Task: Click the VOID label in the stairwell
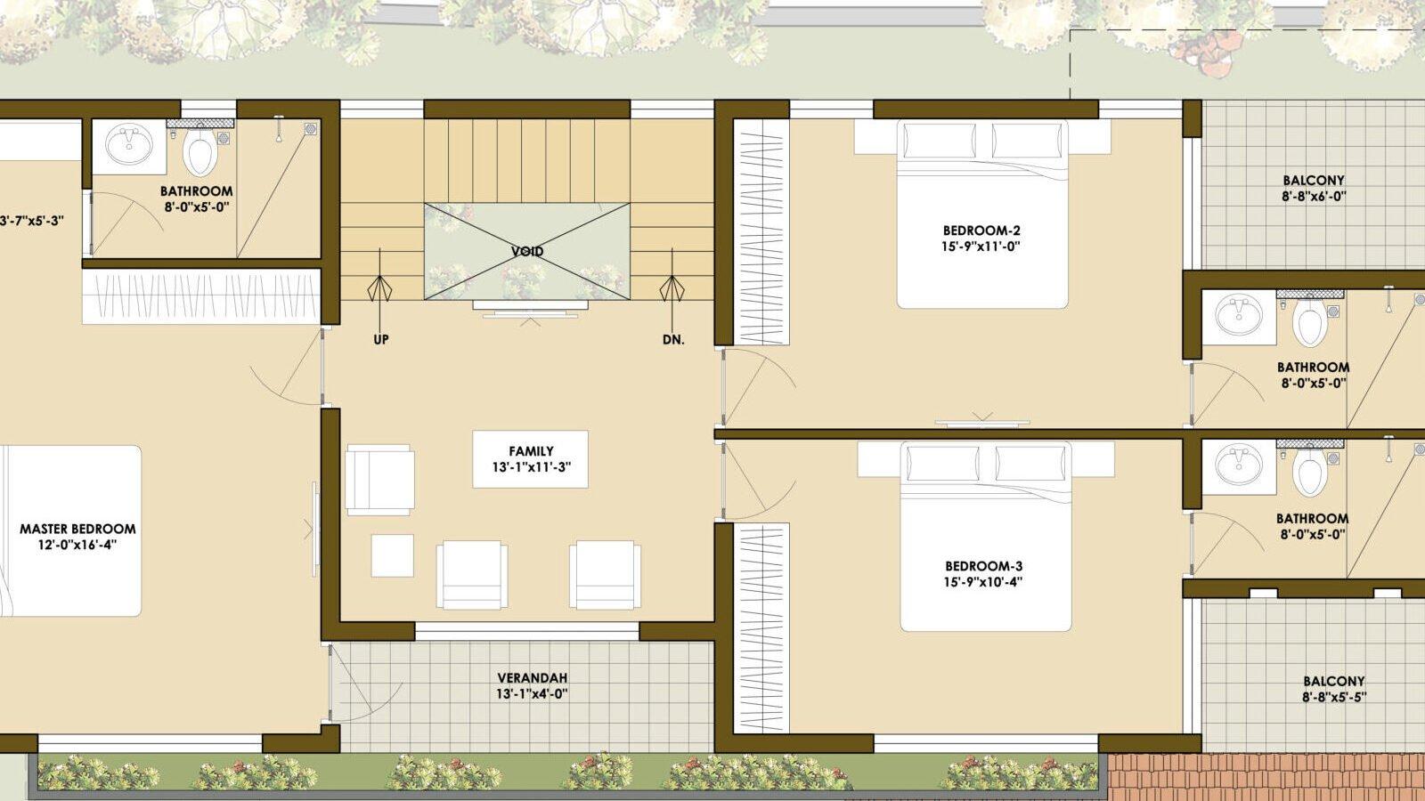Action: tap(527, 251)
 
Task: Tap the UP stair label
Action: tap(380, 339)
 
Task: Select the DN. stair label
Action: tap(673, 339)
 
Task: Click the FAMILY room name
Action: tap(531, 450)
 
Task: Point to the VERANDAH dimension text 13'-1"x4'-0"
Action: tap(532, 693)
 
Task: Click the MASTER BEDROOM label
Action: tap(77, 529)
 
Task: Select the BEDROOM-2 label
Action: tap(981, 231)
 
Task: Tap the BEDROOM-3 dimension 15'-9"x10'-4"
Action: tap(983, 582)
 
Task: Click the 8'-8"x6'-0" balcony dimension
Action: tap(1314, 197)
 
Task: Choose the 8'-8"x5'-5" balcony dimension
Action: tap(1334, 698)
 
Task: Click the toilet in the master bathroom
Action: tap(199, 150)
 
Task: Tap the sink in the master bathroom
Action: tap(129, 145)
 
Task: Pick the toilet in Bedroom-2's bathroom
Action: tap(1310, 323)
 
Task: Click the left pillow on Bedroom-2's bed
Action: tap(940, 141)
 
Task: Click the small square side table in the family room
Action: tap(393, 555)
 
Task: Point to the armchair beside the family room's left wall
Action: tap(379, 480)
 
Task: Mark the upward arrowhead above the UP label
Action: tap(379, 288)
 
